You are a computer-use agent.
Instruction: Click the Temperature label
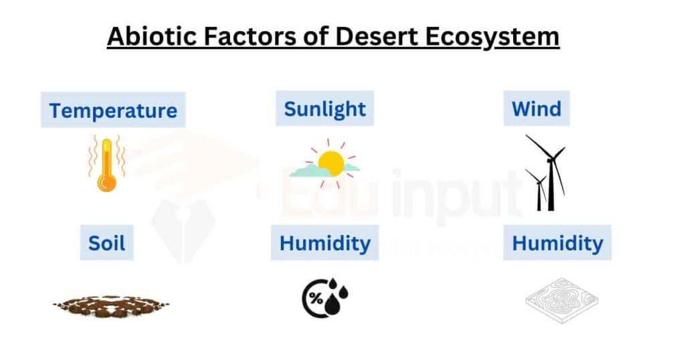pyautogui.click(x=113, y=110)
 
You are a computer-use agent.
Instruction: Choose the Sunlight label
pyautogui.click(x=324, y=109)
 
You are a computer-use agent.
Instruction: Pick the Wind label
pyautogui.click(x=536, y=109)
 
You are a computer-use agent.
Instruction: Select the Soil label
pyautogui.click(x=106, y=243)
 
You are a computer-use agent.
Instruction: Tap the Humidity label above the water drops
pyautogui.click(x=324, y=243)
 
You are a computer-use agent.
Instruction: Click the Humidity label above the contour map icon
pyautogui.click(x=557, y=243)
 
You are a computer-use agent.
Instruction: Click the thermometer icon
pyautogui.click(x=106, y=164)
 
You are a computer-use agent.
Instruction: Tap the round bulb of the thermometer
pyautogui.click(x=106, y=183)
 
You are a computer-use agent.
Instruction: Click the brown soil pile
pyautogui.click(x=111, y=305)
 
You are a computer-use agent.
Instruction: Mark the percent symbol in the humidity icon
pyautogui.click(x=316, y=298)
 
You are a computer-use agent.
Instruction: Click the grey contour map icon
pyautogui.click(x=562, y=300)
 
